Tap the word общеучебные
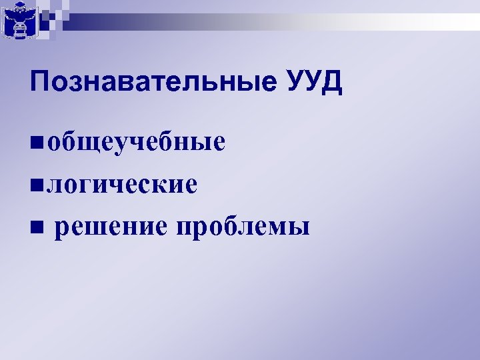(136, 143)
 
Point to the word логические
(121, 184)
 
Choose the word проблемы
(243, 227)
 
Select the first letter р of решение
(63, 229)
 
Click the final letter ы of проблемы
(300, 229)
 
